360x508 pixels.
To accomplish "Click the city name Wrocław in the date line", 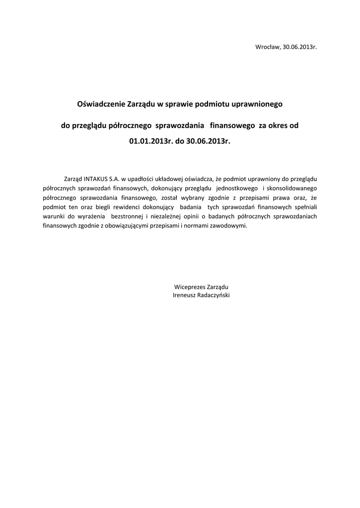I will coord(267,47).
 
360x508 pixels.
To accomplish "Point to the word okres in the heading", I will coord(277,126).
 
